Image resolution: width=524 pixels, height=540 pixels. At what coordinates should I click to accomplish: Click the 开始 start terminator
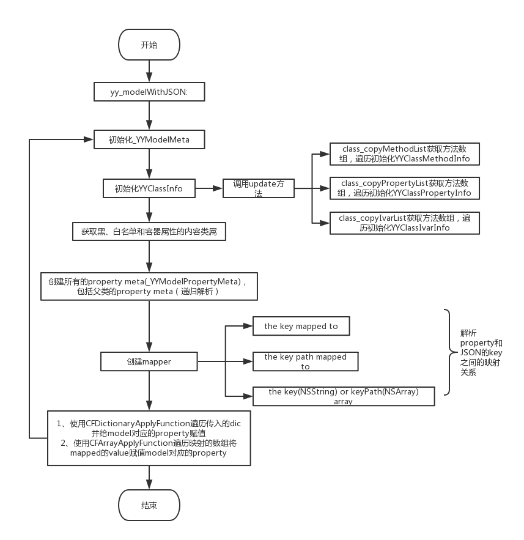(x=149, y=45)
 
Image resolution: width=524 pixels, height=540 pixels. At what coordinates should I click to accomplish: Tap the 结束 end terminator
(x=149, y=505)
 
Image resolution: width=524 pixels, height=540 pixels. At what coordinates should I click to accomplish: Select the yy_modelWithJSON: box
(x=149, y=92)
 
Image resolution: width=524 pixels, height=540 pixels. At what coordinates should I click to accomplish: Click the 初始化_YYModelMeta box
(x=149, y=139)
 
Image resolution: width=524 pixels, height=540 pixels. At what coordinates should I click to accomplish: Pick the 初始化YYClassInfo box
(x=149, y=188)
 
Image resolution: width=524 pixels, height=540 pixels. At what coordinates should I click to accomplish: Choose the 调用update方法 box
(x=258, y=188)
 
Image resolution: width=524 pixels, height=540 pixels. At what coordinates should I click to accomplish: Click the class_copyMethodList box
(x=405, y=153)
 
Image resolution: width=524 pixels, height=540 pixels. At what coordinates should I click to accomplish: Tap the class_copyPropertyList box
(x=405, y=188)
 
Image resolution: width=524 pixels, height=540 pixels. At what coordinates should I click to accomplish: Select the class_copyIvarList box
(x=405, y=223)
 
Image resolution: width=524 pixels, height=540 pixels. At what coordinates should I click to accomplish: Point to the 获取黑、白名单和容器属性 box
(x=149, y=232)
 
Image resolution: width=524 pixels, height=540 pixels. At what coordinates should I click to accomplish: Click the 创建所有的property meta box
(x=149, y=286)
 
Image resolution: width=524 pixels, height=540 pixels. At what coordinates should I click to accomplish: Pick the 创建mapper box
(x=149, y=361)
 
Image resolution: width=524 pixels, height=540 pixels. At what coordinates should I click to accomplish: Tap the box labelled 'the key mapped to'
(x=301, y=326)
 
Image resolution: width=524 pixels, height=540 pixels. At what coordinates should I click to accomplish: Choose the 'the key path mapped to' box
(x=306, y=361)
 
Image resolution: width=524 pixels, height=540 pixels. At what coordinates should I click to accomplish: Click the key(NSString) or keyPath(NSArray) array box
(x=343, y=396)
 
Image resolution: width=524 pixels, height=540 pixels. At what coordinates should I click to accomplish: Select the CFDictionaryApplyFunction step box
(x=149, y=438)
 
